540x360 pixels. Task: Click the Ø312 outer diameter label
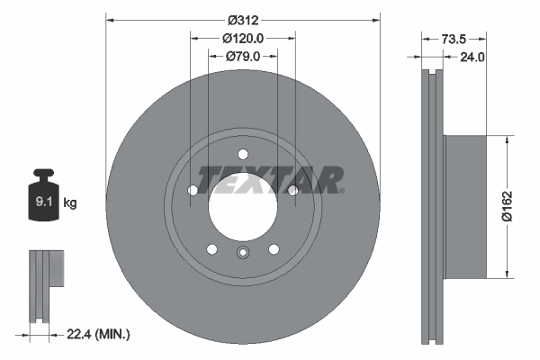click(x=243, y=20)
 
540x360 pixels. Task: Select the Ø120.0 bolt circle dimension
click(x=243, y=38)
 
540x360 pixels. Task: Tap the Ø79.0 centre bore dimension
click(x=243, y=56)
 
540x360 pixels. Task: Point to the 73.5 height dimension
click(x=453, y=40)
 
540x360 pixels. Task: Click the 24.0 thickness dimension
click(x=472, y=56)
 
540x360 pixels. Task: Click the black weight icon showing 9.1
click(x=42, y=200)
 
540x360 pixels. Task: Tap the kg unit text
click(x=70, y=203)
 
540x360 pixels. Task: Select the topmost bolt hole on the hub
click(x=243, y=154)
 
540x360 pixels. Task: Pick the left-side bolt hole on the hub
click(x=193, y=190)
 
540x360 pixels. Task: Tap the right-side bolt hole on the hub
click(x=293, y=190)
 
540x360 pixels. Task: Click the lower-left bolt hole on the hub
click(x=212, y=249)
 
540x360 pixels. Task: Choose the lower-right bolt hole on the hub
click(x=274, y=249)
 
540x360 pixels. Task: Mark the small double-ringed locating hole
click(x=243, y=254)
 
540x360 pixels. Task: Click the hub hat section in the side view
click(x=468, y=207)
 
